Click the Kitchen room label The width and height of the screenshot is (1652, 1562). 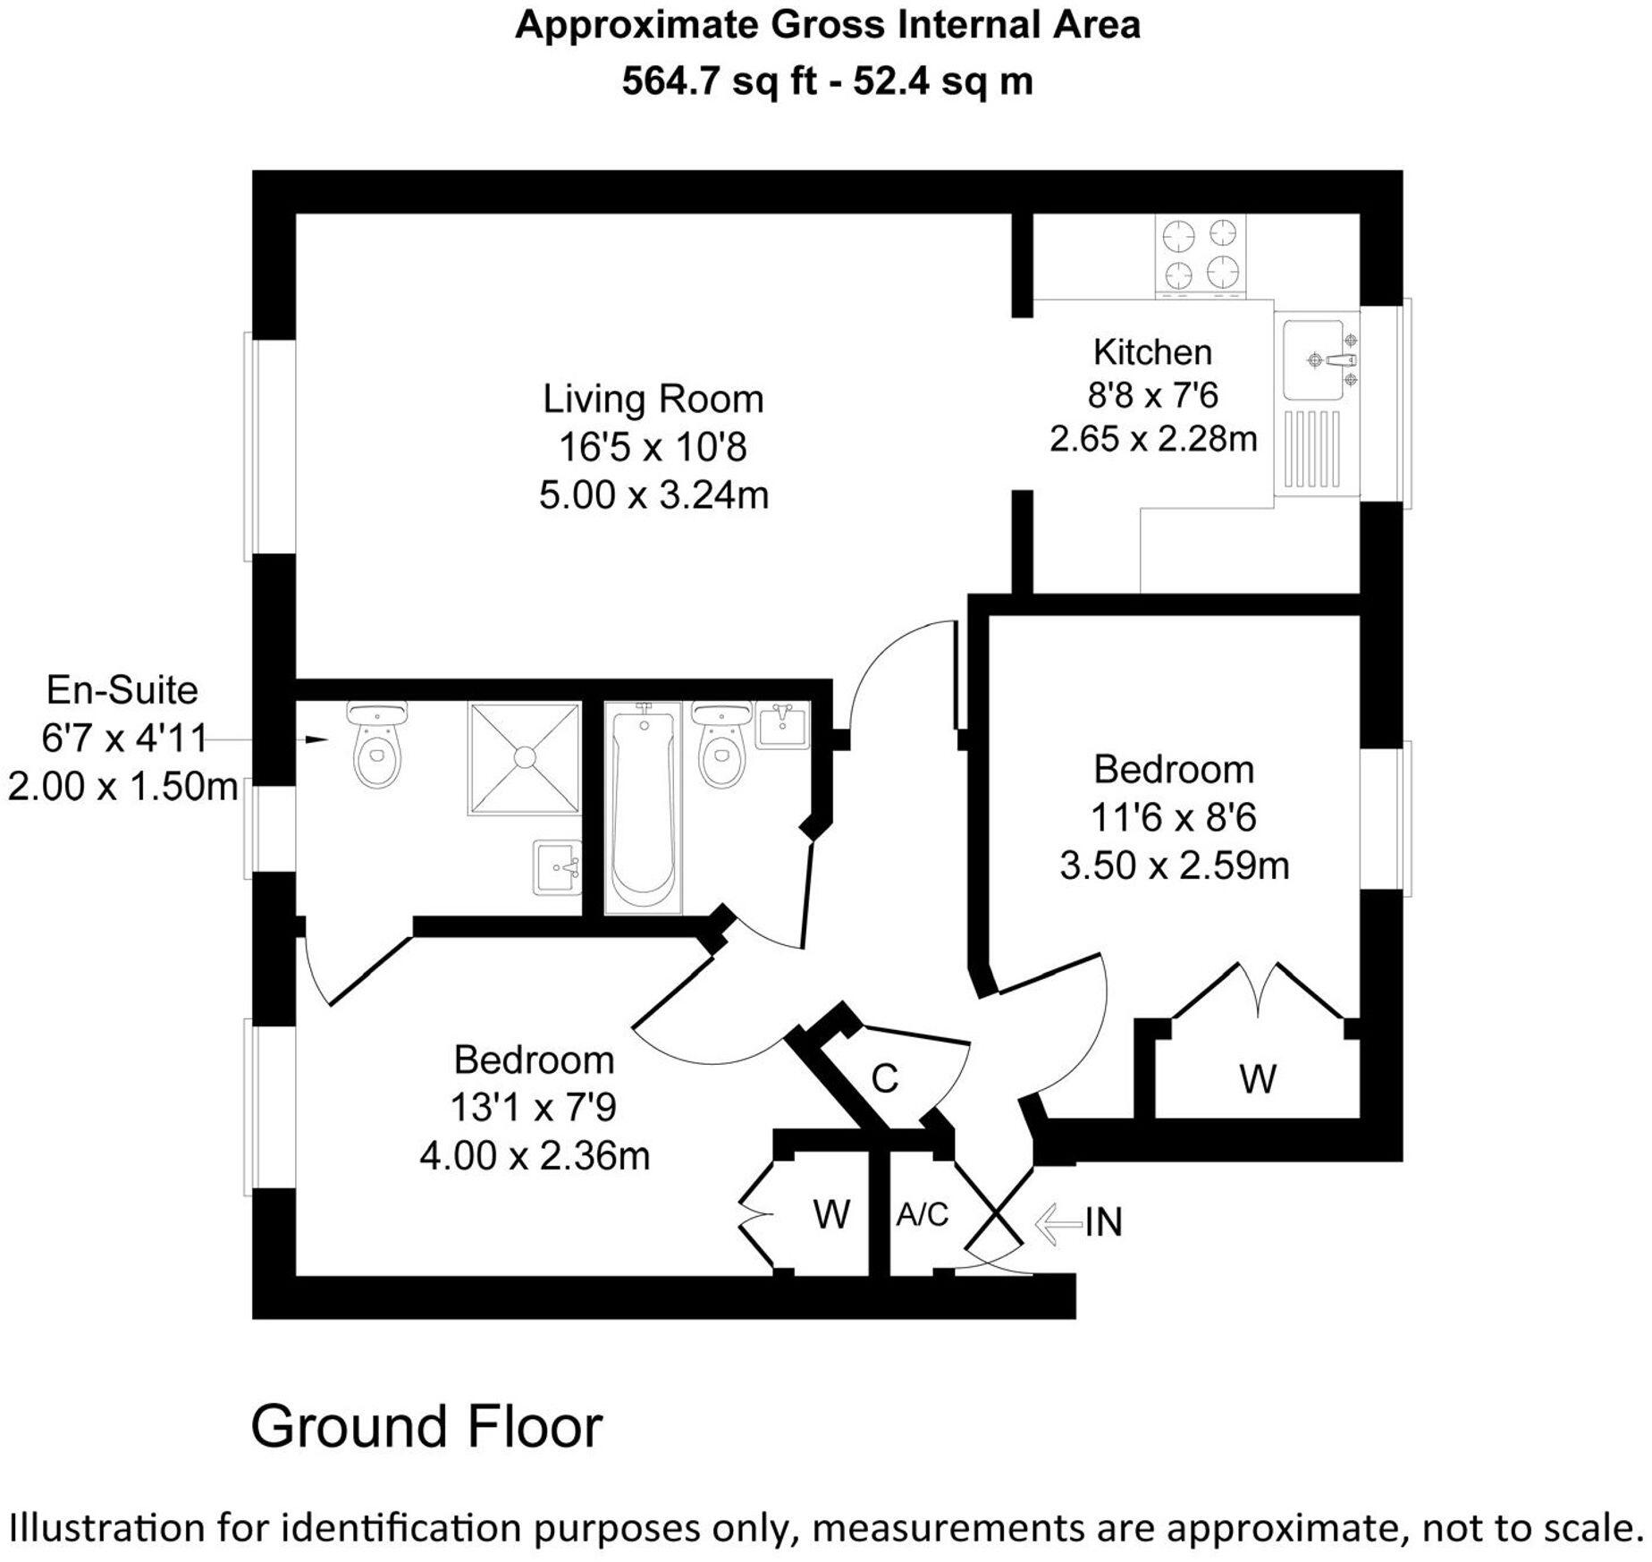point(1151,352)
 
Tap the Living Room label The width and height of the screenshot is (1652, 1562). point(653,399)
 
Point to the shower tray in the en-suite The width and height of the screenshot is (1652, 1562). point(524,758)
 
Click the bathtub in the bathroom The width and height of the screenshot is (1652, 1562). point(642,808)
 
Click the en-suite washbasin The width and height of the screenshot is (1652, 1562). point(556,866)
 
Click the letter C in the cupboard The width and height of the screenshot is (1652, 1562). point(884,1079)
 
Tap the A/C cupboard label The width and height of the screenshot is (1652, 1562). point(922,1215)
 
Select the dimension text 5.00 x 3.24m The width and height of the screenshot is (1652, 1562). point(653,495)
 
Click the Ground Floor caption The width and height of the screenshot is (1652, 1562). point(426,1427)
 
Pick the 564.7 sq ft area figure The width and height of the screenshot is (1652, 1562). point(720,81)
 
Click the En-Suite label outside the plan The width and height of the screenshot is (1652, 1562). point(122,690)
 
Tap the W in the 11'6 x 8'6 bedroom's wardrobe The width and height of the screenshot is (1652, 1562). point(1257,1079)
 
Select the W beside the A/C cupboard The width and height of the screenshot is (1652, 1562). point(830,1215)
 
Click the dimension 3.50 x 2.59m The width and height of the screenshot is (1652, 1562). point(1174,865)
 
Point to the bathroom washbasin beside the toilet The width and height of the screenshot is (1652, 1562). point(781,725)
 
